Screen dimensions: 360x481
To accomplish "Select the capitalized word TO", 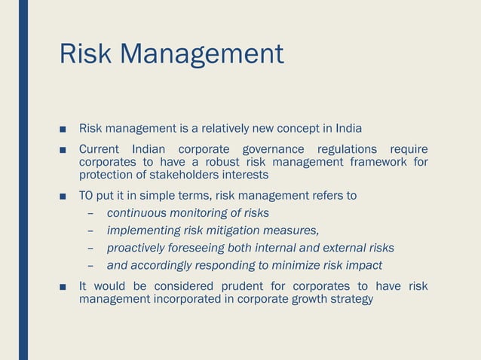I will click(x=87, y=197).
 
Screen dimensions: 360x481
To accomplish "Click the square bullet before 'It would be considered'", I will click(x=65, y=287).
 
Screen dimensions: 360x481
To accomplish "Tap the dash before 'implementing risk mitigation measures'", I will click(x=90, y=230).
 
